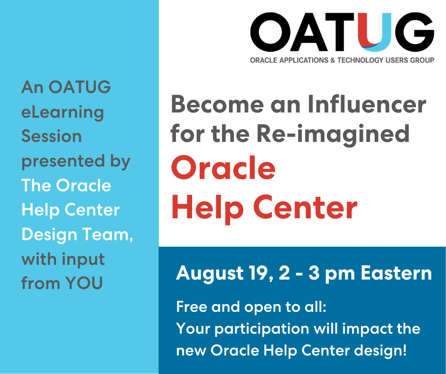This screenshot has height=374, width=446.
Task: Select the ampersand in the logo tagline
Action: tap(333, 60)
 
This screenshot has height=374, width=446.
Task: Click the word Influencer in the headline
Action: tap(367, 104)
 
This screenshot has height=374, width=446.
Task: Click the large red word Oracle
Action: tap(223, 168)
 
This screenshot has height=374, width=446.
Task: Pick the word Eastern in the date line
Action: tap(397, 273)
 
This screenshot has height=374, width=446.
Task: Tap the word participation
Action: tap(262, 329)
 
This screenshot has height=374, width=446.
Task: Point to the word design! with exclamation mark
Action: tap(381, 350)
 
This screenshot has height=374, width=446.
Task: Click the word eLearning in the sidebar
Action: tap(63, 112)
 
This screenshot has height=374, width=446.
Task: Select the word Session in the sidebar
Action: tap(52, 136)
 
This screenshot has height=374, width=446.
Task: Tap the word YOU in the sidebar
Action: tap(84, 283)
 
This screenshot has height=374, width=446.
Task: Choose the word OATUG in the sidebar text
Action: tap(80, 87)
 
